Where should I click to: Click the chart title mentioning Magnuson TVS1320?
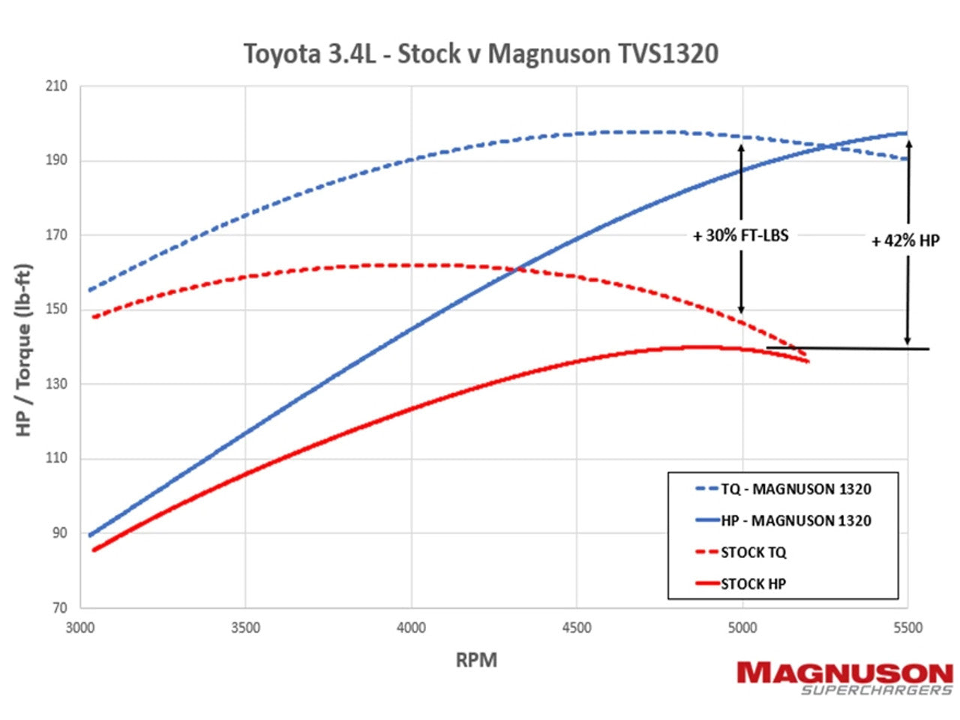point(481,54)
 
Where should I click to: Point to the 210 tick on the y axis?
point(55,86)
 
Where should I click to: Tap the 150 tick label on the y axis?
point(55,309)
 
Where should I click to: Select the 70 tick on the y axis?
point(59,607)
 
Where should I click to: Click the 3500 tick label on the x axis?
point(245,628)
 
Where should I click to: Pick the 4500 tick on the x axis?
point(577,628)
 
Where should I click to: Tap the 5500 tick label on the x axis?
point(907,628)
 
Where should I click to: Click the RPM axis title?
point(476,660)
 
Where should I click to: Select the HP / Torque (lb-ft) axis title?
point(24,349)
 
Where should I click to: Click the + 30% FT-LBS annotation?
point(740,235)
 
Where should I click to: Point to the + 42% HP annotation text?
point(904,241)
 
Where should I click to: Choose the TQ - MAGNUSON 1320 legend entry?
point(784,489)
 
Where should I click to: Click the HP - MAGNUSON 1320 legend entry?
point(784,520)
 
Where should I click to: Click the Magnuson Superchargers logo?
point(844,678)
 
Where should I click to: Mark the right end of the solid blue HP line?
point(907,133)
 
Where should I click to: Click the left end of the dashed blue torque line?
point(89,290)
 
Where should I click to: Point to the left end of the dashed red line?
point(94,317)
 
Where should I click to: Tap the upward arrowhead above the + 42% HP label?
point(908,142)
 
